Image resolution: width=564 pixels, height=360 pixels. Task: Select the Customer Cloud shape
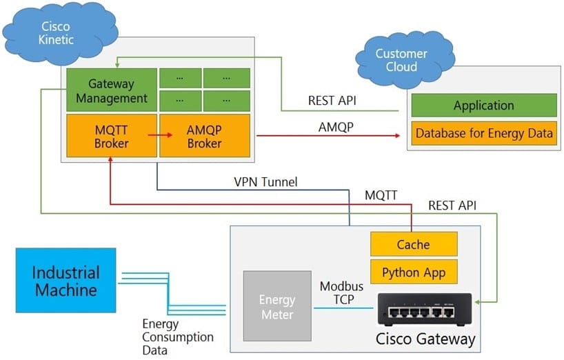tap(401, 60)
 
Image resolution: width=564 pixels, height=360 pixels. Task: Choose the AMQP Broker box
tap(204, 136)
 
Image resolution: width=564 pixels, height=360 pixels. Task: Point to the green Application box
tap(483, 106)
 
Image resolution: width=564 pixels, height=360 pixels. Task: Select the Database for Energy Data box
tap(483, 133)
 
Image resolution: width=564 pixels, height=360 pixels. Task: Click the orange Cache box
tap(414, 244)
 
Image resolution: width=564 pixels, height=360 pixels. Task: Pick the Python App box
tap(414, 272)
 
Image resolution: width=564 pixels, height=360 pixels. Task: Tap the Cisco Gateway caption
tap(425, 339)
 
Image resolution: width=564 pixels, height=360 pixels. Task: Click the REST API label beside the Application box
tap(332, 101)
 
